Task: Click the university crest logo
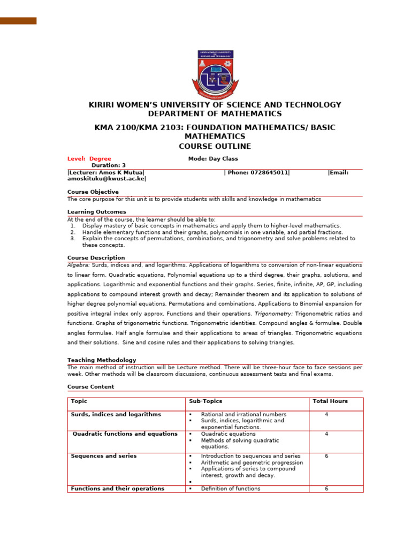click(x=215, y=75)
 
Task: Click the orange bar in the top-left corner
click(x=18, y=21)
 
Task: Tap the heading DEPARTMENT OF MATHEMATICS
click(x=215, y=114)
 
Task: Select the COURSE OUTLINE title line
click(x=215, y=147)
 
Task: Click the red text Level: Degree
click(x=89, y=159)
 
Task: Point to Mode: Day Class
click(x=213, y=159)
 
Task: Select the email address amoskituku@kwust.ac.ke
click(x=106, y=179)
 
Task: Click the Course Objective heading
click(x=93, y=192)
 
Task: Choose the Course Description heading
click(x=96, y=258)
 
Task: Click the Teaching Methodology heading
click(x=102, y=360)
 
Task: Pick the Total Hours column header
click(x=330, y=401)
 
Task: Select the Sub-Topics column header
click(x=205, y=401)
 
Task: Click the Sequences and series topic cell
click(x=104, y=456)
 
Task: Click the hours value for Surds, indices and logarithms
click(x=326, y=414)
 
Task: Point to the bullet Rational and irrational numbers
click(x=243, y=414)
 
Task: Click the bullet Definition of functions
click(x=231, y=489)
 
